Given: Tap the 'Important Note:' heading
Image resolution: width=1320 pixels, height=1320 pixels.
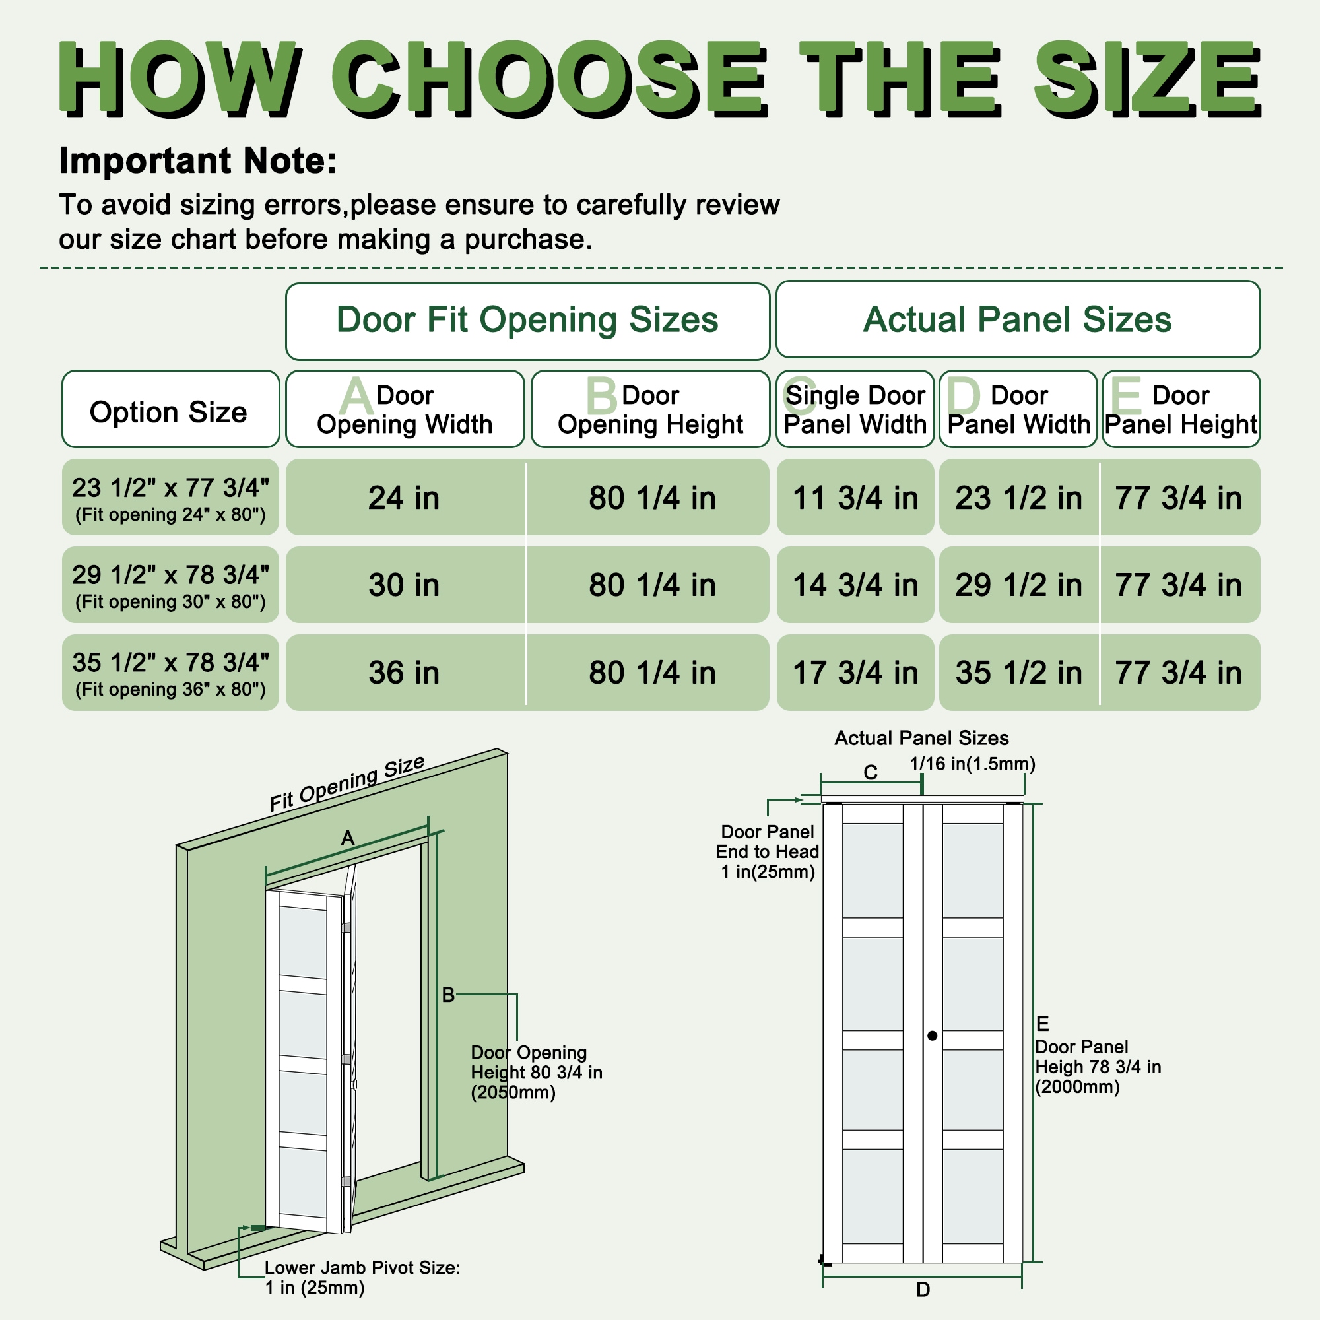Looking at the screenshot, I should click(x=197, y=160).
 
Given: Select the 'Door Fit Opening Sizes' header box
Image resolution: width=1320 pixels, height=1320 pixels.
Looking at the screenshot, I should click(x=527, y=321).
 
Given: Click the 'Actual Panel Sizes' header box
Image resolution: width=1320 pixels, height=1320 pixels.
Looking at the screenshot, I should click(x=1017, y=319).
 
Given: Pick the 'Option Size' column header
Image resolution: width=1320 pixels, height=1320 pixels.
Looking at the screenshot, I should click(x=169, y=412).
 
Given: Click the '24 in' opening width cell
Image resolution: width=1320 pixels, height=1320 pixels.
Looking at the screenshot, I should click(x=404, y=498).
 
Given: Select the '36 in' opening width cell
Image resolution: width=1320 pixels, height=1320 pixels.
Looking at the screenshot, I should click(x=404, y=673).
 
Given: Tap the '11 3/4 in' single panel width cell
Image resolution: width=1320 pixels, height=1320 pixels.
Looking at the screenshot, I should click(x=855, y=498).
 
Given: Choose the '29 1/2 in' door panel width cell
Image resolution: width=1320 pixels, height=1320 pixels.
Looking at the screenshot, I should click(x=1018, y=585).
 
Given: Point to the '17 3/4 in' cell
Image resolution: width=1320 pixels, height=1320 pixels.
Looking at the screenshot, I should click(x=855, y=673).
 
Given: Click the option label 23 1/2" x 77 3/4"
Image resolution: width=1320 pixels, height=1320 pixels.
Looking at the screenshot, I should click(x=170, y=488).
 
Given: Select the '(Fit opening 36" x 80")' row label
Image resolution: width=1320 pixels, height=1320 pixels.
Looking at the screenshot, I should click(x=170, y=690).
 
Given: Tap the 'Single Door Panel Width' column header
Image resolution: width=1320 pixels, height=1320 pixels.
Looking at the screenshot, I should click(x=855, y=409).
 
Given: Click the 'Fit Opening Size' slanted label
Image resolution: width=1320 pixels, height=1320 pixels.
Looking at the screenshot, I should click(x=347, y=783).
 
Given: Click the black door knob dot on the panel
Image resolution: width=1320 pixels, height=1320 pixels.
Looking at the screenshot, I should click(x=933, y=1036).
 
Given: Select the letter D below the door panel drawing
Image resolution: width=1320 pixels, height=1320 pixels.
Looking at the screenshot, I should click(x=923, y=1289).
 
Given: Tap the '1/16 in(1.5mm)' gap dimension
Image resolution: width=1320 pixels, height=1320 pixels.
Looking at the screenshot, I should click(x=972, y=764).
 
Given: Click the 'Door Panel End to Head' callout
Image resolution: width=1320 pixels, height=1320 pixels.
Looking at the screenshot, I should click(x=768, y=851).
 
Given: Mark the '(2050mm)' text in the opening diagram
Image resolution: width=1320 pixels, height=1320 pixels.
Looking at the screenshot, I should click(x=513, y=1092).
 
